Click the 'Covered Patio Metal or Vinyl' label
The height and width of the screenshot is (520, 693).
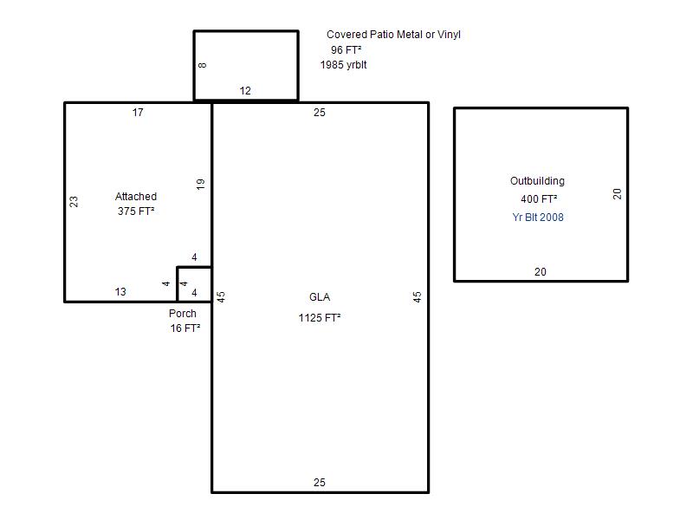click(x=393, y=35)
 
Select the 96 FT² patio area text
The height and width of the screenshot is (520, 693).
click(x=346, y=50)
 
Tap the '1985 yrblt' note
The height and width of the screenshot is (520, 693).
click(x=343, y=65)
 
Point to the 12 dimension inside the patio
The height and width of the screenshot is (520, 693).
click(x=245, y=91)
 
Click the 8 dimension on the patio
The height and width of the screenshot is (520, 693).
click(x=203, y=65)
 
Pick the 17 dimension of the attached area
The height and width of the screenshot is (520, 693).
click(x=138, y=113)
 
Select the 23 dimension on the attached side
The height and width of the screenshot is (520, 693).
click(x=74, y=202)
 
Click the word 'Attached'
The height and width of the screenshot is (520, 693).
click(x=136, y=197)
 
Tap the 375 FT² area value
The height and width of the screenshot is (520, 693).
click(x=136, y=211)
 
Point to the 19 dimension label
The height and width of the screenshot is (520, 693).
click(x=201, y=184)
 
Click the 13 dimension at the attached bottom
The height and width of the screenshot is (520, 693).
click(x=120, y=292)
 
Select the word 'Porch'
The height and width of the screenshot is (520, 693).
click(x=183, y=314)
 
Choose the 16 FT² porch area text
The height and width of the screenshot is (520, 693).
click(x=185, y=328)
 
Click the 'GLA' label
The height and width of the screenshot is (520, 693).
click(x=320, y=297)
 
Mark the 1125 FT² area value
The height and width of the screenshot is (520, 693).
click(x=320, y=318)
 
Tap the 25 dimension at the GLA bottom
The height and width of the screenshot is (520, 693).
click(x=320, y=483)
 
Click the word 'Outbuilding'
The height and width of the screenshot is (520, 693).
click(x=537, y=181)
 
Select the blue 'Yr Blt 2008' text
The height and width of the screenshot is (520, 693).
click(x=538, y=218)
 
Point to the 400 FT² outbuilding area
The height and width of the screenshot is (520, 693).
click(x=539, y=199)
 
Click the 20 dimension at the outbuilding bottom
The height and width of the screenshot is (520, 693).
click(x=541, y=272)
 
